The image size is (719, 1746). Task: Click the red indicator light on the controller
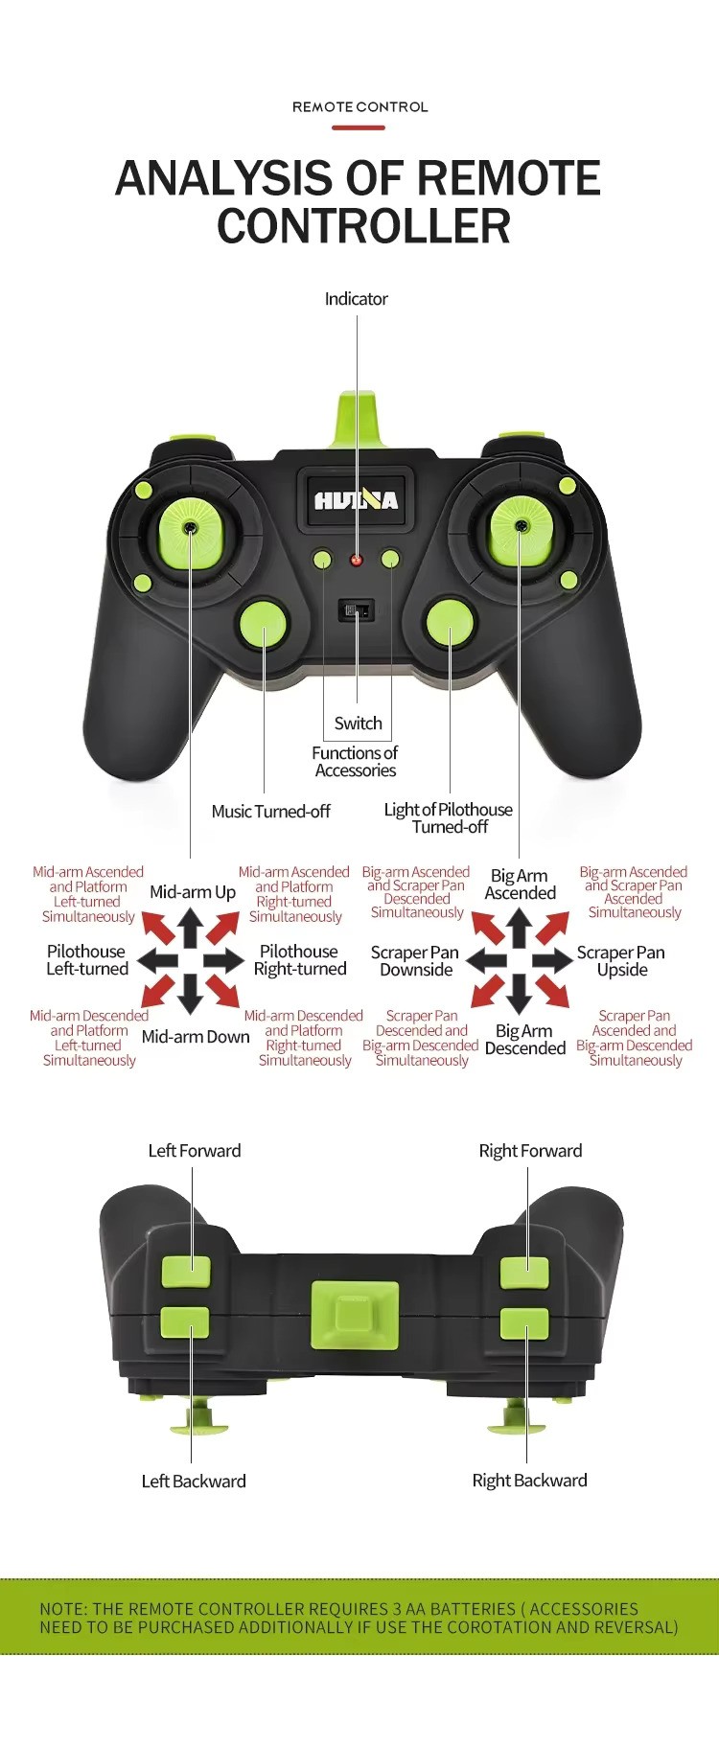click(x=357, y=560)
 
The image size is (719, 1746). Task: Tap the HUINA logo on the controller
click(x=356, y=500)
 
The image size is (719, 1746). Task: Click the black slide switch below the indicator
click(x=357, y=610)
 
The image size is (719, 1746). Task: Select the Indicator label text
click(x=357, y=299)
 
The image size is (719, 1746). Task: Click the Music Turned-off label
click(x=270, y=812)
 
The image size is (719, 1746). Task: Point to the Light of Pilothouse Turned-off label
click(x=449, y=818)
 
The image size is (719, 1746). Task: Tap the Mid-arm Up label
click(x=193, y=892)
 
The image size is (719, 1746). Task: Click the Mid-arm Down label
click(x=196, y=1037)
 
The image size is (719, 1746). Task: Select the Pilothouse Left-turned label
click(x=87, y=960)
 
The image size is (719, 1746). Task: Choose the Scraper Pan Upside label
click(x=621, y=961)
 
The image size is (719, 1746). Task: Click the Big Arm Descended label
click(x=525, y=1040)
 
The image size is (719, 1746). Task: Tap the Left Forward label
click(x=195, y=1151)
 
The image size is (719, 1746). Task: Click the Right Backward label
click(x=530, y=1481)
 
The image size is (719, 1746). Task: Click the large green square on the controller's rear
click(x=355, y=1315)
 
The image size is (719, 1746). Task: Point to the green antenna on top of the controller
click(x=357, y=419)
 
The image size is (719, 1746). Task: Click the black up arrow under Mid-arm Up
click(x=190, y=928)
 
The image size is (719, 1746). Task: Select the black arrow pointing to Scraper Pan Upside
click(x=552, y=960)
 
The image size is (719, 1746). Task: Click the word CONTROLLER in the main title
click(x=363, y=226)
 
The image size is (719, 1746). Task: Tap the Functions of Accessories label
click(x=355, y=762)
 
